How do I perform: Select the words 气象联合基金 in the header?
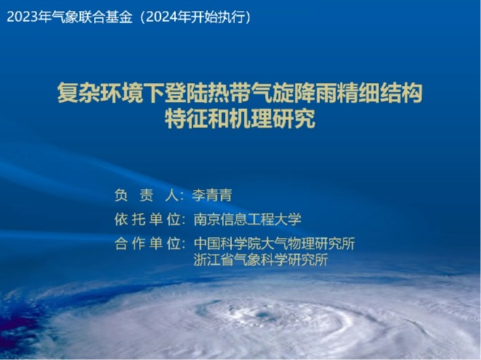[92, 17]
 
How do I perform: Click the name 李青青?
[212, 196]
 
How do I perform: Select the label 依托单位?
[147, 220]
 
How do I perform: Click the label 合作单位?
[147, 244]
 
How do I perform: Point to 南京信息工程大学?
[247, 220]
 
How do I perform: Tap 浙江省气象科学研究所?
[261, 260]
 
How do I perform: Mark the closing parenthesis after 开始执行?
[248, 17]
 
